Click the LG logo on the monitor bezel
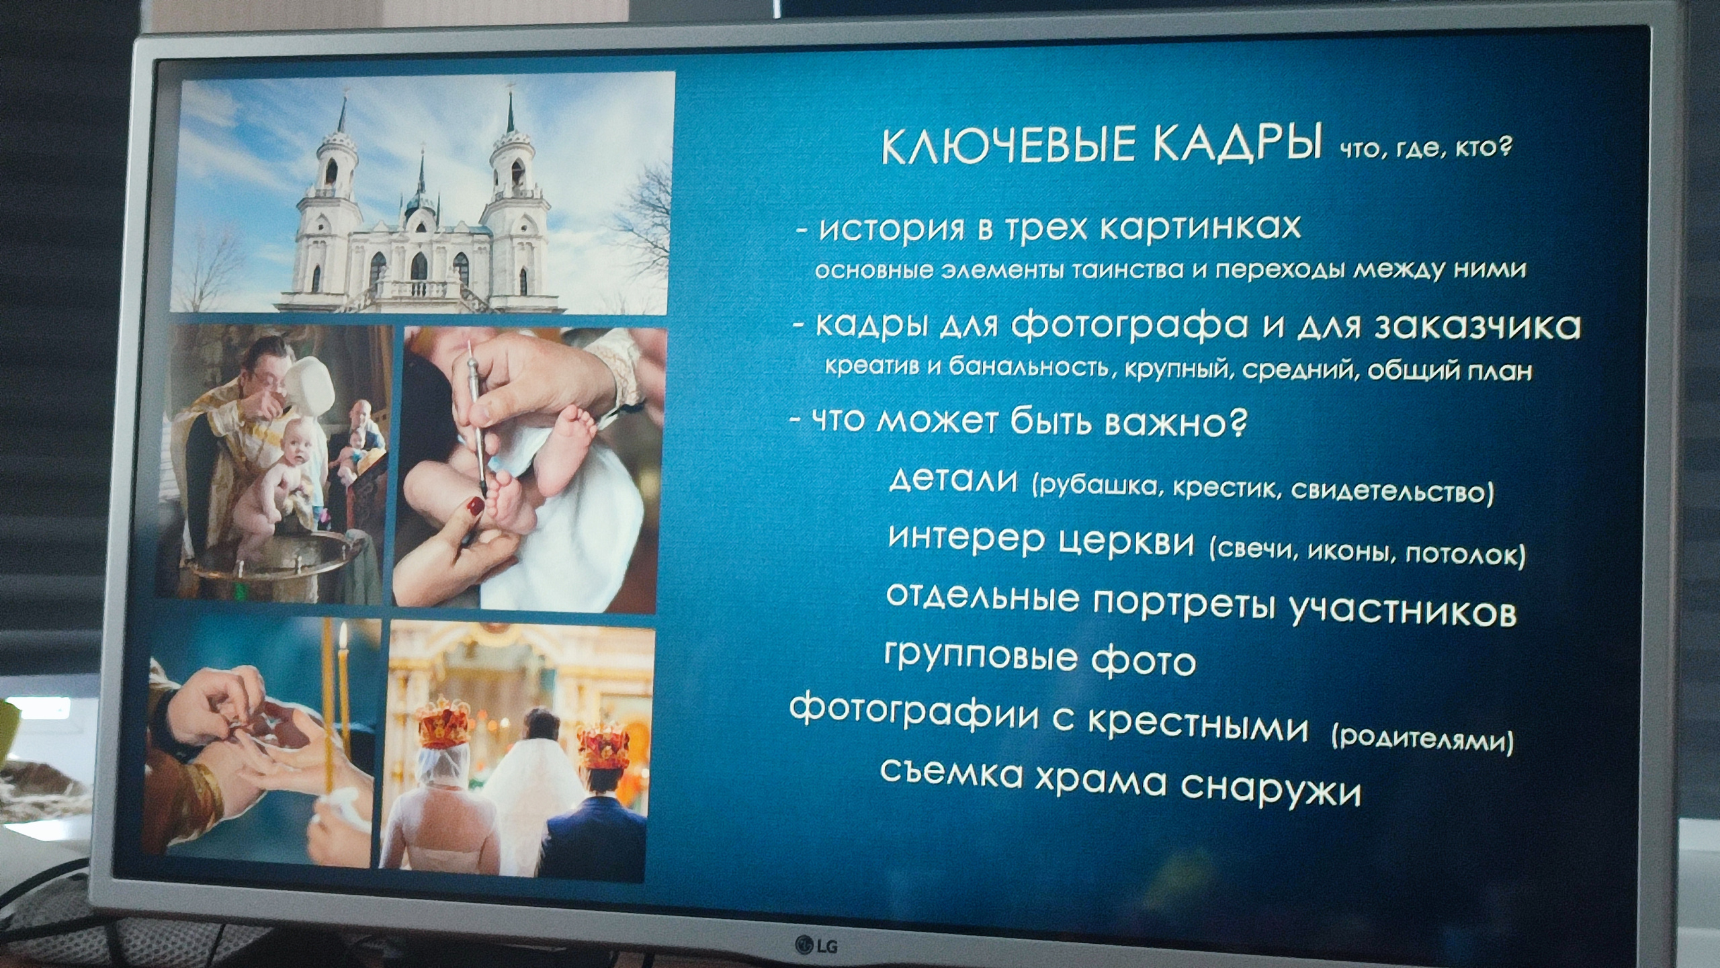click(816, 946)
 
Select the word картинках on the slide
click(1199, 227)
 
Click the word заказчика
click(1478, 326)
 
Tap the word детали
click(953, 480)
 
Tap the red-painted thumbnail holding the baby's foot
click(475, 506)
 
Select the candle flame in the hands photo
click(343, 633)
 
